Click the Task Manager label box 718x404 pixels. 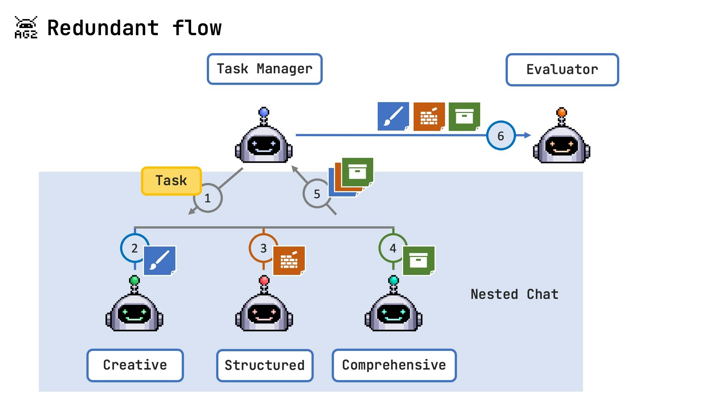pyautogui.click(x=264, y=69)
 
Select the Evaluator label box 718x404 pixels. pyautogui.click(x=562, y=70)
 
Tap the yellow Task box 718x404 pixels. pyautogui.click(x=171, y=181)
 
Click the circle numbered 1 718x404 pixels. pyautogui.click(x=208, y=198)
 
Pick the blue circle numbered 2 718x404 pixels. pyautogui.click(x=134, y=248)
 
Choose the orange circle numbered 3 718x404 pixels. pyautogui.click(x=263, y=248)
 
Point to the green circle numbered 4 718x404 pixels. pyautogui.click(x=393, y=248)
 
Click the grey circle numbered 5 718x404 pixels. pyautogui.click(x=317, y=194)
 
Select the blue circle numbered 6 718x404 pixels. pyautogui.click(x=501, y=135)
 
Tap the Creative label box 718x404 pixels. pyautogui.click(x=135, y=365)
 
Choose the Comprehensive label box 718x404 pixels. pyautogui.click(x=394, y=365)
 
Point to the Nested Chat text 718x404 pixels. pyautogui.click(x=514, y=294)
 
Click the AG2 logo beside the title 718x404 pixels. pyautogui.click(x=26, y=27)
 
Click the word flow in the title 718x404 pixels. pyautogui.click(x=197, y=28)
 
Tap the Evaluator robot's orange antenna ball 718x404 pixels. pyautogui.click(x=562, y=111)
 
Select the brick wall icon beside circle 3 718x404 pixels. pyautogui.click(x=289, y=260)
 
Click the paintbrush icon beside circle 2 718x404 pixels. pyautogui.click(x=160, y=260)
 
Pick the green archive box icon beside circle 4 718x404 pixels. pyautogui.click(x=419, y=260)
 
